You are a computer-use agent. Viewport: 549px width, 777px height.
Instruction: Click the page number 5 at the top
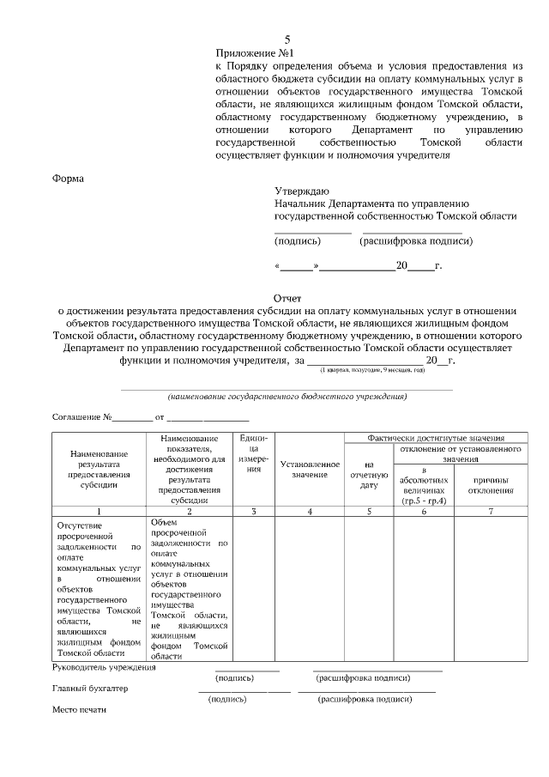[x=287, y=39]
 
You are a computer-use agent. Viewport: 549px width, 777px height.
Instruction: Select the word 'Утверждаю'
[x=300, y=191]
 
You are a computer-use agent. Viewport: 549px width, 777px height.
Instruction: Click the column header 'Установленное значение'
[x=310, y=470]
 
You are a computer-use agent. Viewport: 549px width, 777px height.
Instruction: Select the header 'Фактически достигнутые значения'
[x=435, y=437]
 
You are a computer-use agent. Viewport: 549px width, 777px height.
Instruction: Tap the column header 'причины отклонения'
[x=491, y=485]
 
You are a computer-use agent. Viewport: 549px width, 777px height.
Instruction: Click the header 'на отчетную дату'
[x=369, y=475]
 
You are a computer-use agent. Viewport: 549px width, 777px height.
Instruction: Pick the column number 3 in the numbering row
[x=253, y=511]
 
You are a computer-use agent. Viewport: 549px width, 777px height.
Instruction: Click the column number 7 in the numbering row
[x=491, y=511]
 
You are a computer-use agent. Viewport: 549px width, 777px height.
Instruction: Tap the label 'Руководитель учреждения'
[x=104, y=667]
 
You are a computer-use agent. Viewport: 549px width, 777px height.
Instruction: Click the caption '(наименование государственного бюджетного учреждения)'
[x=287, y=397]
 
